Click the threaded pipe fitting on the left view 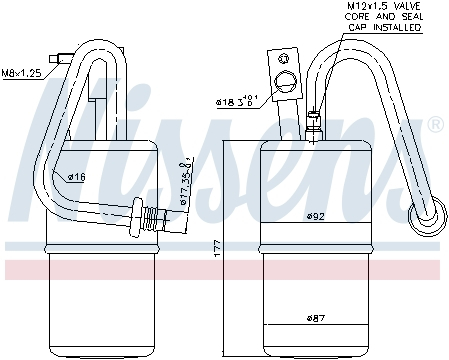(150, 215)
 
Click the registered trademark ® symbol (435, 125)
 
